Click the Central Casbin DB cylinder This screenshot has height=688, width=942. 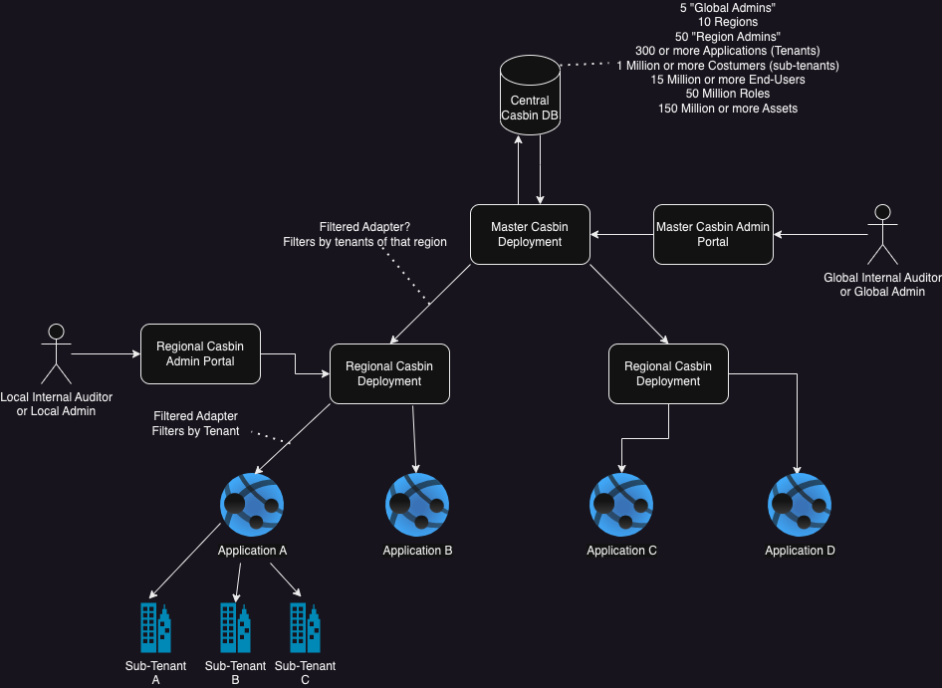tap(529, 96)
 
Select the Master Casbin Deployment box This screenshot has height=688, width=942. tap(530, 234)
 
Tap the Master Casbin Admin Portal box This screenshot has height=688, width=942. tap(713, 234)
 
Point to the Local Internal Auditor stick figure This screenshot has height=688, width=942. tap(56, 352)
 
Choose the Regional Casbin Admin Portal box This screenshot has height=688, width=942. tap(200, 353)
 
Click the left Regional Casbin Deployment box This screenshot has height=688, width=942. tap(389, 373)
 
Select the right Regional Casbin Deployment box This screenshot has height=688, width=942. tap(668, 373)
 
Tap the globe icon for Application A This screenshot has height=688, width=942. tap(252, 505)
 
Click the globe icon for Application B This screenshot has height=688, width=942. tap(417, 505)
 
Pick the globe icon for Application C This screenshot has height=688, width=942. tap(621, 505)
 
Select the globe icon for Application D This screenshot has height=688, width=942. tap(800, 505)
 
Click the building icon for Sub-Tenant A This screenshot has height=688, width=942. tap(155, 627)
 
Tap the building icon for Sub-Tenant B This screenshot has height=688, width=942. tap(235, 627)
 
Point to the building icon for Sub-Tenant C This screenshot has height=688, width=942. tap(305, 627)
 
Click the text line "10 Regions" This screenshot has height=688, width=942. tap(727, 22)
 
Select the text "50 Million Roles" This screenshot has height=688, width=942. tap(727, 94)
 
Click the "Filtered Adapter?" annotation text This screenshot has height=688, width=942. tap(364, 227)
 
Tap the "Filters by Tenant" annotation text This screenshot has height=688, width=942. tap(195, 431)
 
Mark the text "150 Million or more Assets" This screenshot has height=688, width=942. tap(727, 108)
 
